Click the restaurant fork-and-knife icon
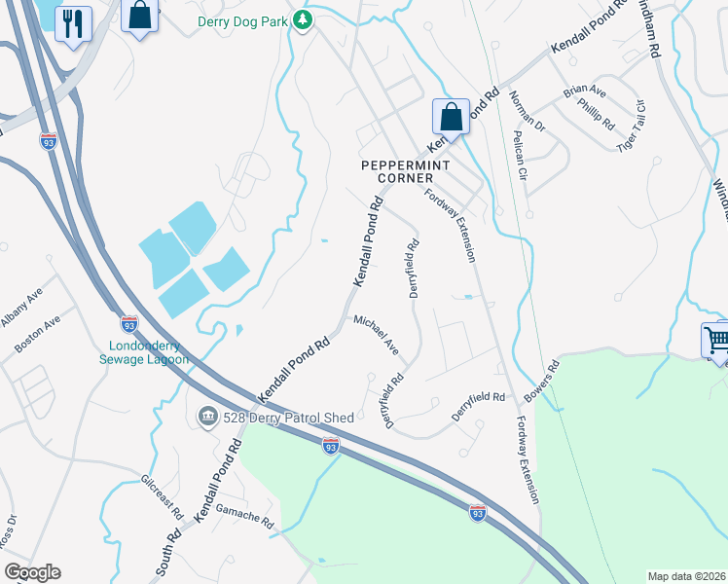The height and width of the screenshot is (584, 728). pos(73,23)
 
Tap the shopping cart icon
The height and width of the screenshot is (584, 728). pos(717,340)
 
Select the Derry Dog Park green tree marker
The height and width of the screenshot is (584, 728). pos(303,19)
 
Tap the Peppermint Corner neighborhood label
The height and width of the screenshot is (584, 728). pos(397,171)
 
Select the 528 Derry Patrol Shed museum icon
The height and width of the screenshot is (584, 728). pos(207,417)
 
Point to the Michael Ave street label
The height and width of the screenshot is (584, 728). pos(376,333)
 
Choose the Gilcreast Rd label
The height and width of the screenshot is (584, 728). pos(162,495)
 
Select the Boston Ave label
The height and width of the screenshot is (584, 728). pos(39,333)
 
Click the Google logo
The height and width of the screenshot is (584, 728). pos(32,572)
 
